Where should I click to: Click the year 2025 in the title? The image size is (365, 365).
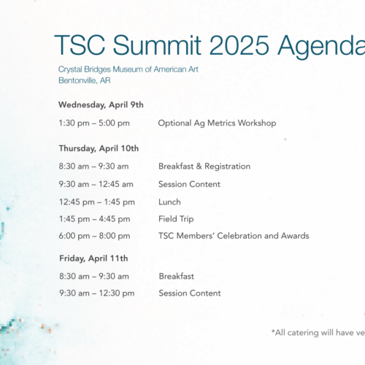pyautogui.click(x=239, y=45)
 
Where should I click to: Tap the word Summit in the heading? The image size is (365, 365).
pyautogui.click(x=157, y=45)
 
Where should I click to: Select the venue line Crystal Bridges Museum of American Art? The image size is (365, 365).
pyautogui.click(x=128, y=69)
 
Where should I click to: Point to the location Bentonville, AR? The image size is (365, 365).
pyautogui.click(x=85, y=80)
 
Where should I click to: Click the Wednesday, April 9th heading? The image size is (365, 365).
pyautogui.click(x=101, y=105)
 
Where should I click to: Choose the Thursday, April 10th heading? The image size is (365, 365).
pyautogui.click(x=99, y=148)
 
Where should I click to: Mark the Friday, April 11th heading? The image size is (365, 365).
pyautogui.click(x=93, y=258)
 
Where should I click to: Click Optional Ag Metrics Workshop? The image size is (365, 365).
pyautogui.click(x=217, y=123)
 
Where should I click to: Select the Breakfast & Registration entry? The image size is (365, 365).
pyautogui.click(x=204, y=166)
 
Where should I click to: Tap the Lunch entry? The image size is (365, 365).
pyautogui.click(x=169, y=202)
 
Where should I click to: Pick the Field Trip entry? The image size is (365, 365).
pyautogui.click(x=176, y=219)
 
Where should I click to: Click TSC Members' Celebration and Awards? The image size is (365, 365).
pyautogui.click(x=234, y=236)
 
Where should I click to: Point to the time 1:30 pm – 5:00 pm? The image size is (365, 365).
pyautogui.click(x=94, y=123)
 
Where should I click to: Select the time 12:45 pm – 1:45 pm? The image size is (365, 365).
pyautogui.click(x=97, y=202)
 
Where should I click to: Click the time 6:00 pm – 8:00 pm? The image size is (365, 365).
pyautogui.click(x=95, y=236)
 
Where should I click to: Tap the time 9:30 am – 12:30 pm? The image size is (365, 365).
pyautogui.click(x=97, y=293)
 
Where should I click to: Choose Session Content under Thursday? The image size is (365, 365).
pyautogui.click(x=189, y=184)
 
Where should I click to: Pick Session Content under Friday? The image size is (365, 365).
pyautogui.click(x=190, y=293)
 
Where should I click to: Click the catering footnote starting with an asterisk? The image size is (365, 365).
pyautogui.click(x=318, y=333)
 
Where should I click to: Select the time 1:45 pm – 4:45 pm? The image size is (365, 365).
pyautogui.click(x=95, y=219)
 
